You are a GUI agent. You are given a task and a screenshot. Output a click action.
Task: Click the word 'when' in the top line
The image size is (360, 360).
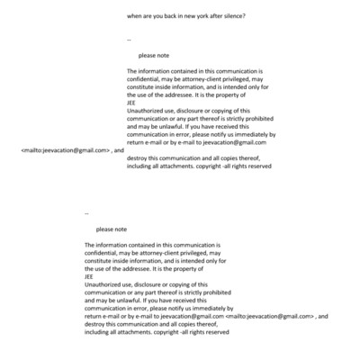coord(136,16)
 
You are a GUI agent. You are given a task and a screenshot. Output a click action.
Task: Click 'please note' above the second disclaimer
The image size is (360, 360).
coord(112,229)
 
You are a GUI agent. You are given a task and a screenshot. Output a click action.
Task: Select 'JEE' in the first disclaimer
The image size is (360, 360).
coord(131,102)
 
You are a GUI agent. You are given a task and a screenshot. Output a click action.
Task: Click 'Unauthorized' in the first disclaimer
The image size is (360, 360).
coord(147,110)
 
